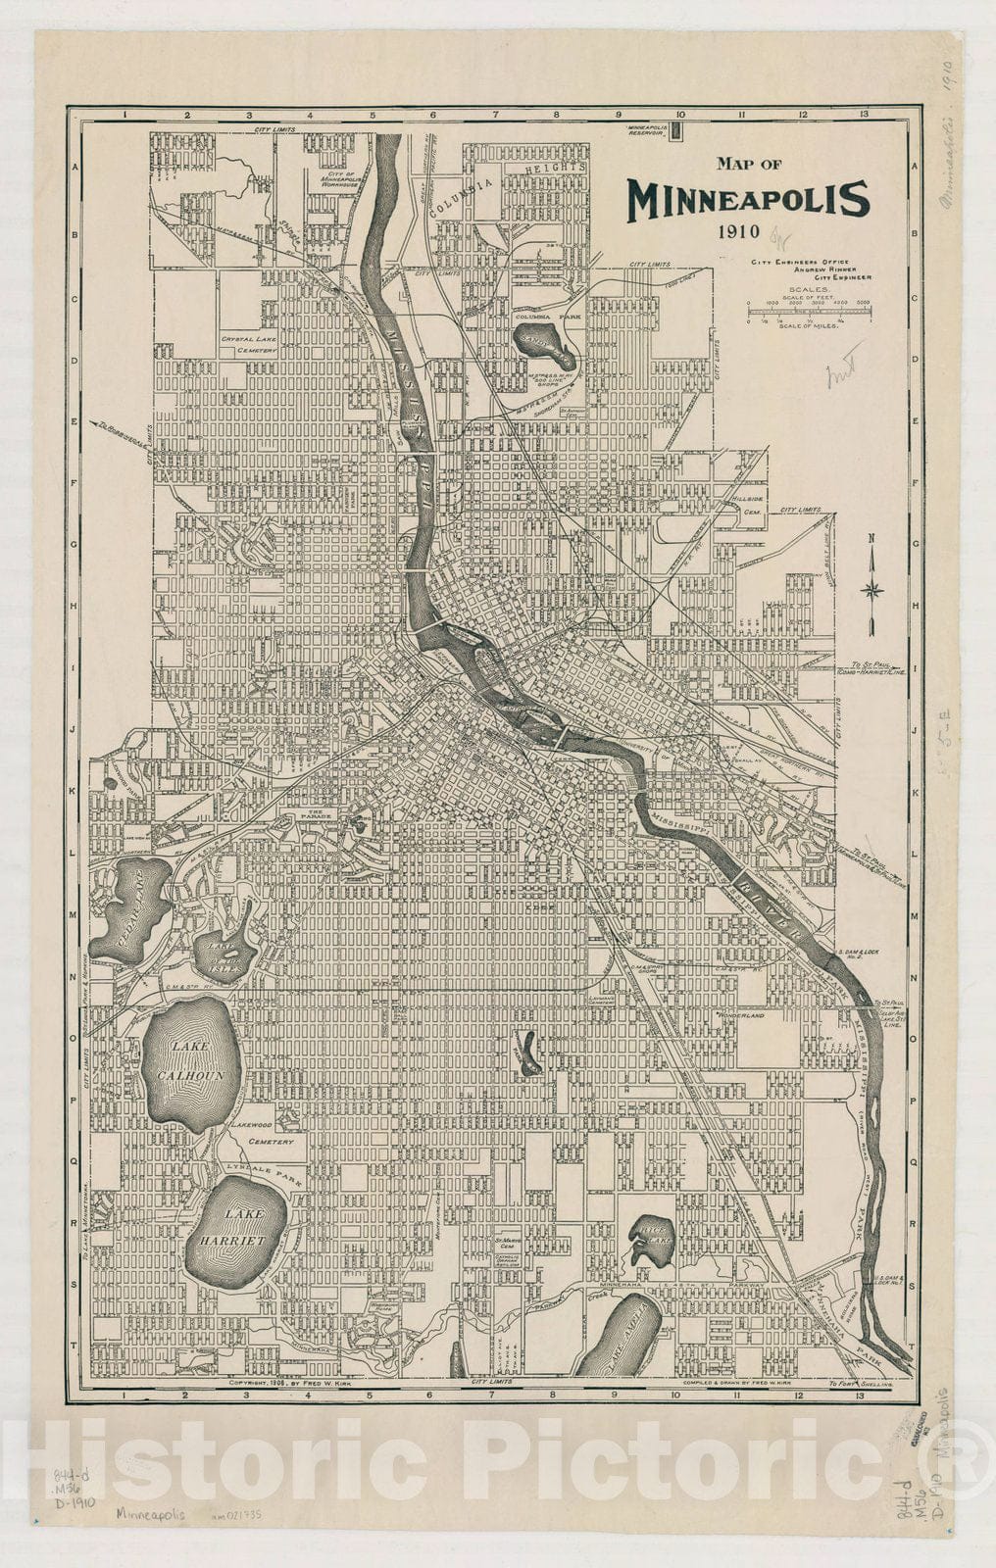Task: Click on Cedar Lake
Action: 129,907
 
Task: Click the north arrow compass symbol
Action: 871,588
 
